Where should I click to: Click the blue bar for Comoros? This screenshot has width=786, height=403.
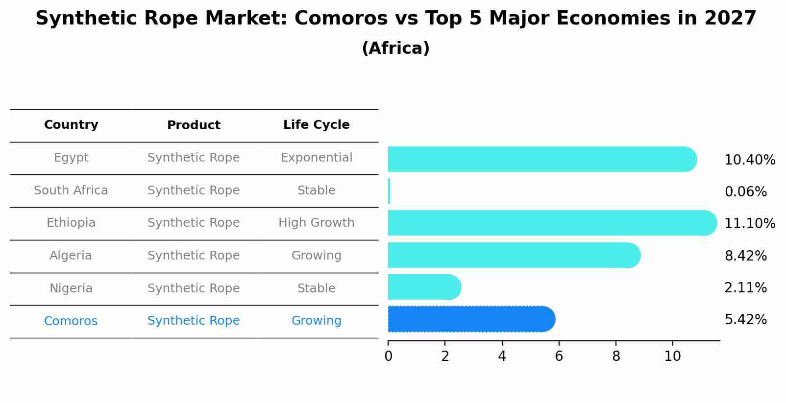[x=470, y=319]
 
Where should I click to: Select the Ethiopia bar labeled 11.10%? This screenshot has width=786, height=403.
[x=551, y=223]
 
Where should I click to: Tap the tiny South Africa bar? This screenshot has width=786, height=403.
[x=389, y=191]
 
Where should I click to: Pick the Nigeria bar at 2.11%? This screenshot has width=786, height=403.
[x=424, y=287]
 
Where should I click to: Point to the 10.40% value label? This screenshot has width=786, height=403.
[x=749, y=160]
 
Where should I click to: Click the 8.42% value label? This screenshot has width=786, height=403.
[x=745, y=256]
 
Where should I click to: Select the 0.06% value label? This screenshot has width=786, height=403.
[x=745, y=192]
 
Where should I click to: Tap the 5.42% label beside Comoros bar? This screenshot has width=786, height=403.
[x=745, y=320]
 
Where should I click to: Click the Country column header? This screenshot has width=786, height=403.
[x=71, y=125]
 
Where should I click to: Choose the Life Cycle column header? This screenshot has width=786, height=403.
[x=316, y=125]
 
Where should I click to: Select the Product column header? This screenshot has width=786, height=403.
[x=194, y=125]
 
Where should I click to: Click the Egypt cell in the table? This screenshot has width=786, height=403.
[x=71, y=158]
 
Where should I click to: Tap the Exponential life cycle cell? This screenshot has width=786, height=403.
[x=316, y=158]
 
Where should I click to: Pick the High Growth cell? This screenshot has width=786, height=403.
[x=316, y=223]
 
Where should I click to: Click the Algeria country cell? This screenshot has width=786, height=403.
[x=71, y=256]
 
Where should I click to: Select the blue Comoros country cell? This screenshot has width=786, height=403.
[x=71, y=321]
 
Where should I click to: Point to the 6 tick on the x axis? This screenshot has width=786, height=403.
[x=559, y=356]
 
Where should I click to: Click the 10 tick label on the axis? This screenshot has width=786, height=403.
[x=672, y=356]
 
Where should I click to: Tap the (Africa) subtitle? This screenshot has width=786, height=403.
[x=395, y=48]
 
